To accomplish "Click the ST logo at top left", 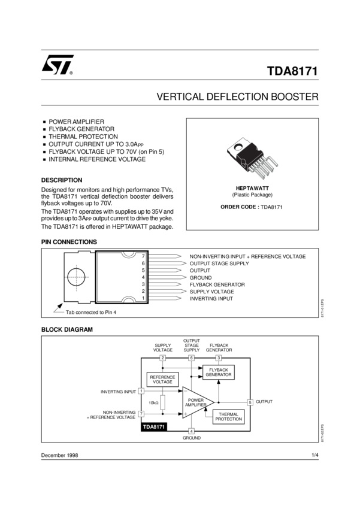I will tap(57, 65).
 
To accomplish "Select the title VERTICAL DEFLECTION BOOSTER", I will tap(237, 96).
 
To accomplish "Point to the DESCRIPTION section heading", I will tap(62, 180).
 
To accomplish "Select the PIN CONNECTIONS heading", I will tap(69, 242).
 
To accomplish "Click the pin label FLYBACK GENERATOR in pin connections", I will tap(217, 284).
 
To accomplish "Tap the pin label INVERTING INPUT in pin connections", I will tap(211, 298).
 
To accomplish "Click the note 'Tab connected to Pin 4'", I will tap(91, 312).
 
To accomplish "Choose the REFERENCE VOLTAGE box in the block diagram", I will tap(162, 380).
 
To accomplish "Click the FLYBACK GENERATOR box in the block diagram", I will tap(219, 372).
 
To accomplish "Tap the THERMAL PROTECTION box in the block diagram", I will tap(229, 417).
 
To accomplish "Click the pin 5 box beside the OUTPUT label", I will tap(250, 402).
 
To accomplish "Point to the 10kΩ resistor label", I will tap(153, 403).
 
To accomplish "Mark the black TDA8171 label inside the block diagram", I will tap(154, 427).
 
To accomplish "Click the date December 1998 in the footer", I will tap(60, 456).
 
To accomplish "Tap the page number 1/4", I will tap(314, 456).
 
